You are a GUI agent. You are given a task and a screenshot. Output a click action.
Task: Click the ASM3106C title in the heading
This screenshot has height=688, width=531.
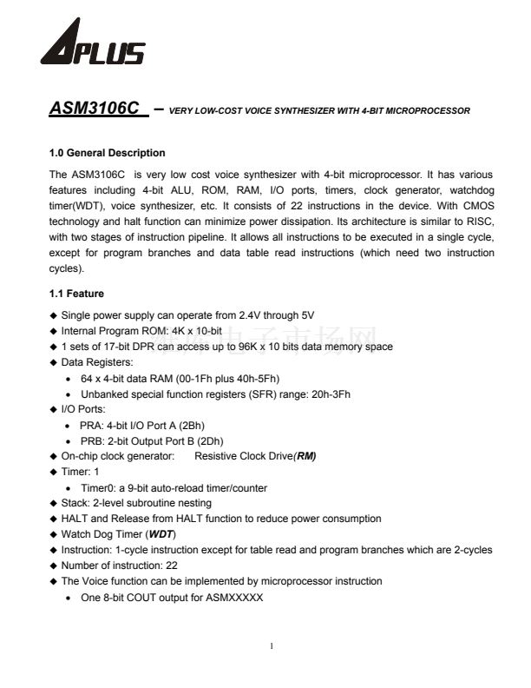[x=94, y=109]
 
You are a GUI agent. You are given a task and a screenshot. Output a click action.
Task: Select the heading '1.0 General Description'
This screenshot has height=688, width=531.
[x=108, y=153]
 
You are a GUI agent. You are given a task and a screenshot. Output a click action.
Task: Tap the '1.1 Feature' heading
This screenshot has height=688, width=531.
[x=76, y=294]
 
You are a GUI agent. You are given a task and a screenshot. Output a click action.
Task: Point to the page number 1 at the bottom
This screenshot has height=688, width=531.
[x=272, y=645]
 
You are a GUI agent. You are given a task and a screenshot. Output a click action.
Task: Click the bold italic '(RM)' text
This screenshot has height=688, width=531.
[x=305, y=456]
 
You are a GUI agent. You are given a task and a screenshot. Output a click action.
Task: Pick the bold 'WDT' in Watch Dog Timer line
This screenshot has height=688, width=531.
[x=162, y=534]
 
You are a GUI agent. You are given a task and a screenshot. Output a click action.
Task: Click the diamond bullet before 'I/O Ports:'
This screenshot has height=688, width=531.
[x=54, y=409]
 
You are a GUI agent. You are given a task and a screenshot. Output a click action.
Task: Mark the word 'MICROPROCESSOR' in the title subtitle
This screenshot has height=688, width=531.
[x=427, y=111]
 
